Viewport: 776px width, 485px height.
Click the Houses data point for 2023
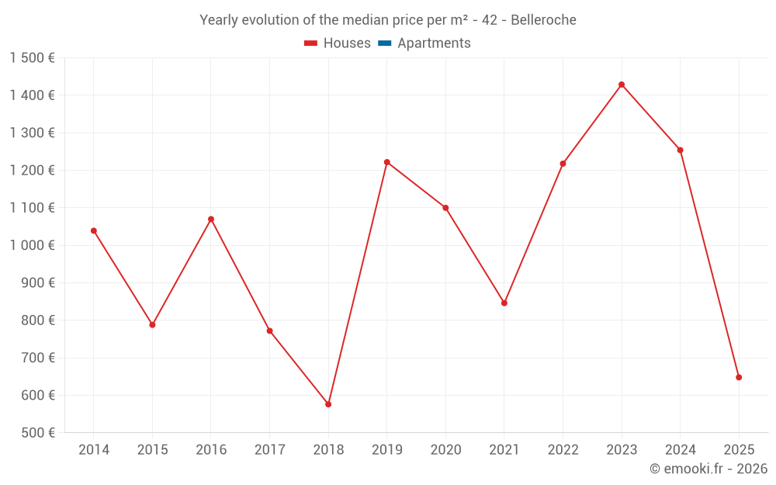(x=622, y=85)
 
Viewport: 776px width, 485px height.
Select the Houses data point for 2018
(x=328, y=404)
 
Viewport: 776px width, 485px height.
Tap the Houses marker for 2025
(x=739, y=377)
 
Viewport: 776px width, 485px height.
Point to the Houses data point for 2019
(x=387, y=162)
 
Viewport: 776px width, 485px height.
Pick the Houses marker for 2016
(x=211, y=219)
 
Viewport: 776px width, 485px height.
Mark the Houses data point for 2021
(x=504, y=303)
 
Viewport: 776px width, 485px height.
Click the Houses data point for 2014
(x=94, y=230)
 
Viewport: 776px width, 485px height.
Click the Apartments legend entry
(x=433, y=43)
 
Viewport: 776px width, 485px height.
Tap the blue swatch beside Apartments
(x=384, y=43)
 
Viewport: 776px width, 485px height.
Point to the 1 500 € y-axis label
(x=32, y=58)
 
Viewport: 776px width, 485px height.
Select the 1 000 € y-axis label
(x=32, y=245)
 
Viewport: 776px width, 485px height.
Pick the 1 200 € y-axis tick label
(x=32, y=171)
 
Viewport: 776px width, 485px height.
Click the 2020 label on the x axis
(x=445, y=450)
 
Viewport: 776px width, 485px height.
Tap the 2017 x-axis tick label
(x=269, y=450)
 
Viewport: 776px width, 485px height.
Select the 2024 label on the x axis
(x=680, y=450)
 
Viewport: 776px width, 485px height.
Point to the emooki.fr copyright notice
(x=708, y=469)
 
